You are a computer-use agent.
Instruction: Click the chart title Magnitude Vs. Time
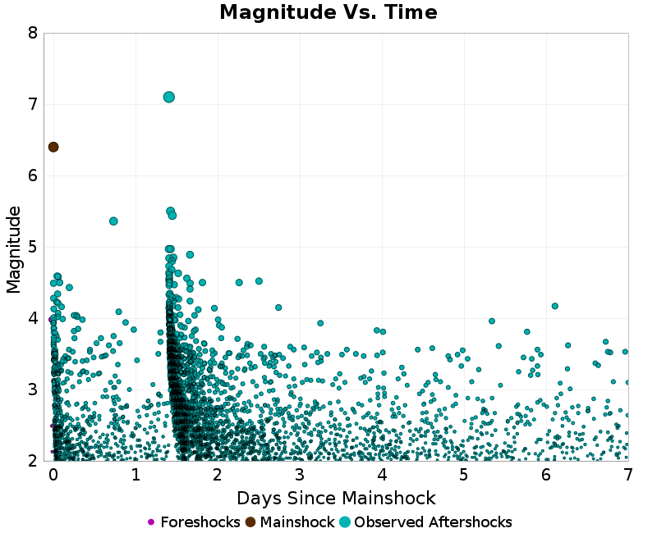(328, 13)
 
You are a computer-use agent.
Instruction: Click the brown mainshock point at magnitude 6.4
(53, 147)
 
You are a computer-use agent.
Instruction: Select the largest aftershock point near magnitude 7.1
(169, 97)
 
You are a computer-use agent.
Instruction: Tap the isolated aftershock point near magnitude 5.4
(113, 221)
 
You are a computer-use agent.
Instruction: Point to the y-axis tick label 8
(32, 34)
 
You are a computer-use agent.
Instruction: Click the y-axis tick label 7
(32, 105)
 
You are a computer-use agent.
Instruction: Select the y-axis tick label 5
(32, 248)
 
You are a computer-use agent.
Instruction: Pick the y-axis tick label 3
(32, 389)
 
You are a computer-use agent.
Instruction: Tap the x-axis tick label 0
(53, 475)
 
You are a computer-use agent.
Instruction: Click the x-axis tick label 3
(300, 475)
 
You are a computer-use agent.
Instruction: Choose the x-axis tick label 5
(464, 475)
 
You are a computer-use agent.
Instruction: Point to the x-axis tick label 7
(628, 475)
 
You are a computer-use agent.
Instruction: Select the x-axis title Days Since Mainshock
(336, 499)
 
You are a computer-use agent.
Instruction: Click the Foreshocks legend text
(200, 522)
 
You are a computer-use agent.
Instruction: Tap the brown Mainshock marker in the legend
(250, 522)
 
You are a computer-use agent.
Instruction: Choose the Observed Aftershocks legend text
(433, 522)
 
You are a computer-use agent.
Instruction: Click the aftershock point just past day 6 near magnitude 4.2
(555, 306)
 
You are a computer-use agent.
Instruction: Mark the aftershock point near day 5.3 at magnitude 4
(492, 321)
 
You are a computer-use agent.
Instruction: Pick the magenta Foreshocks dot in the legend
(150, 522)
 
